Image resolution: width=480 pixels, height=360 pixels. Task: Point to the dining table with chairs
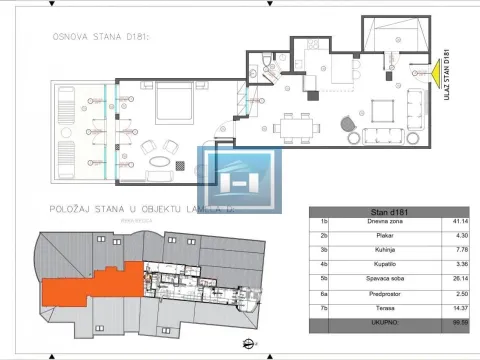coord(297,128)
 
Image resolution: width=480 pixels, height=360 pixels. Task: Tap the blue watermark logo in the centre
coord(239,181)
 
